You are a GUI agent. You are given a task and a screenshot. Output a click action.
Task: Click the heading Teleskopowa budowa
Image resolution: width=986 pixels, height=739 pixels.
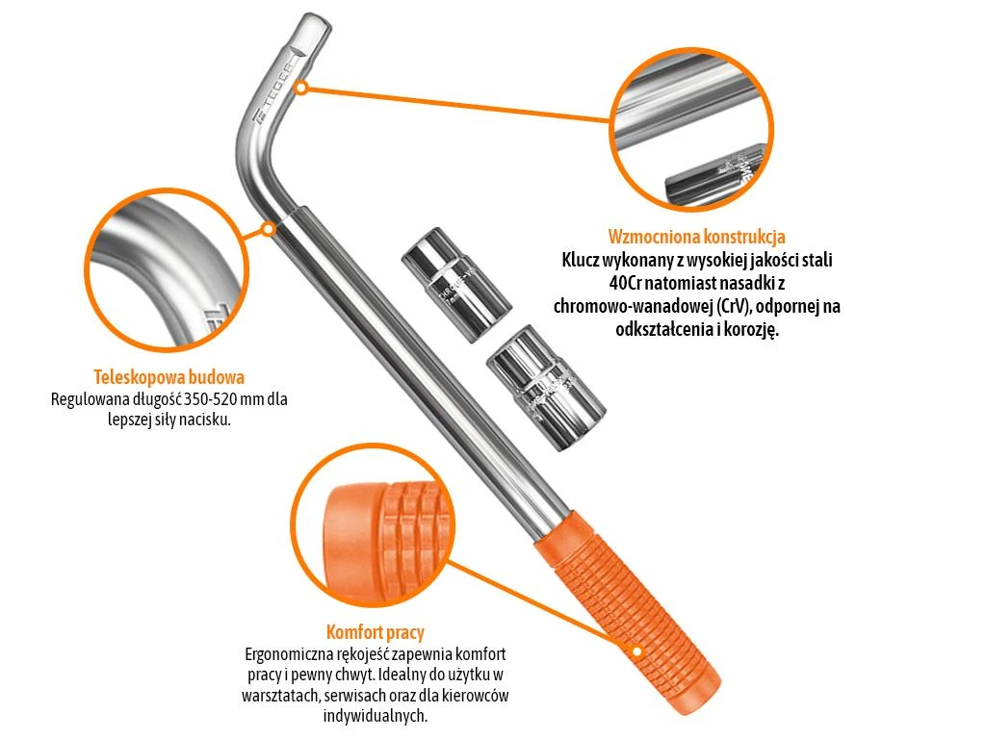click(169, 377)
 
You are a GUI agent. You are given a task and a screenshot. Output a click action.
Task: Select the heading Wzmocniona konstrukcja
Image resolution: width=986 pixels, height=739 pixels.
click(697, 237)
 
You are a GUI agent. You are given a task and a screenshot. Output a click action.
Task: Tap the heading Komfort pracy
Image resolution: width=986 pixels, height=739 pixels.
click(375, 631)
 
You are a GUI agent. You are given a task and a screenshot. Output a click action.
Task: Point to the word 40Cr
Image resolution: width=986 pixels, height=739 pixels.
click(625, 284)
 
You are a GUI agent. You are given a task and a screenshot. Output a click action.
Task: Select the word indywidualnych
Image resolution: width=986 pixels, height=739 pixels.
click(375, 715)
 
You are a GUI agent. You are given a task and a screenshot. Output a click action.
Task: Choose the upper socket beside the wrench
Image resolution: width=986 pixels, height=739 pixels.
click(455, 284)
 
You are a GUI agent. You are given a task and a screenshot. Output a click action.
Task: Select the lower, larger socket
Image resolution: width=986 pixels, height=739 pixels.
click(546, 387)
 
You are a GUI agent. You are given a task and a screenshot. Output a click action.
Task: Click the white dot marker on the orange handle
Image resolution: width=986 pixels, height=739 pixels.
click(636, 651)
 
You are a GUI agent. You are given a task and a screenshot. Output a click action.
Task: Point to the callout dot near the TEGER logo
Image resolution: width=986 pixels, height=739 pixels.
click(301, 88)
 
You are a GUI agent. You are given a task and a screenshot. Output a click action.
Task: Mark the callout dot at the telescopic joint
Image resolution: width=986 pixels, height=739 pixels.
click(268, 229)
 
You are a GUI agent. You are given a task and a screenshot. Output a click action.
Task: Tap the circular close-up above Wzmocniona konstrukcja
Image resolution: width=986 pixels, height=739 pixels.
click(691, 130)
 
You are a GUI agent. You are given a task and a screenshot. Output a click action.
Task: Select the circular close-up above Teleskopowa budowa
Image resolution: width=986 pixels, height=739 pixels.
click(167, 270)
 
